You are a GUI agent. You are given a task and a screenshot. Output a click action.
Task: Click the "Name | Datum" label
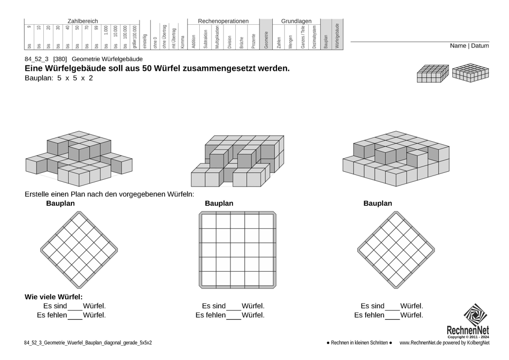[x=469, y=46]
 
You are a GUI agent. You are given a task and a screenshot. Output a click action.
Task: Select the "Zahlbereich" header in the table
[x=82, y=21]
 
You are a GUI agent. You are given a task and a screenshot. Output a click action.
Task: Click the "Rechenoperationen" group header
[x=223, y=21]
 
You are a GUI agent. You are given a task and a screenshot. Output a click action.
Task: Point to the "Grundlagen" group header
[x=296, y=21]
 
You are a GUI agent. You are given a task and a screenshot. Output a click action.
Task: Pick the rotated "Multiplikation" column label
[x=217, y=38]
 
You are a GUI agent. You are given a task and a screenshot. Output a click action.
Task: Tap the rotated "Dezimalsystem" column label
[x=314, y=37]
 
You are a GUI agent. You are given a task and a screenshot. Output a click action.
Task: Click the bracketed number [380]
[x=60, y=59]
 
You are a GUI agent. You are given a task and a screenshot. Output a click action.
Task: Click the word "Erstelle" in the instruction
[x=39, y=194]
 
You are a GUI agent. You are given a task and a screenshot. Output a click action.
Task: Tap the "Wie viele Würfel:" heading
[x=53, y=297]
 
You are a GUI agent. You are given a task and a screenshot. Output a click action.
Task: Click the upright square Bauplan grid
[x=237, y=250]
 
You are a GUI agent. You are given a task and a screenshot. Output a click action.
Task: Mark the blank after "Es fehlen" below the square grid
[x=233, y=316]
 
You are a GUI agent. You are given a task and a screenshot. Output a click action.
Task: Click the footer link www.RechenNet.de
[x=421, y=343]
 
